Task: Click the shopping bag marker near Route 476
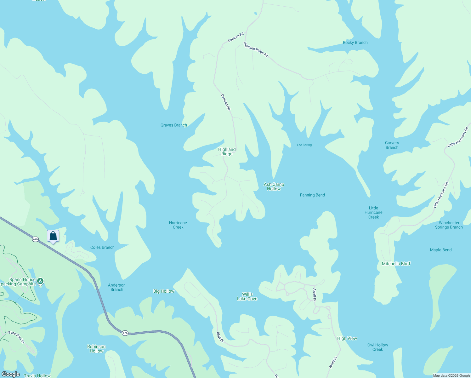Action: [x=53, y=236]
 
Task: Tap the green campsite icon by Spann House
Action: [x=40, y=281]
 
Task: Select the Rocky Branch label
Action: [x=355, y=43]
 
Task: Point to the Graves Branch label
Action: [x=174, y=125]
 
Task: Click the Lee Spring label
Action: [x=304, y=145]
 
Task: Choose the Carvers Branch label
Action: [x=392, y=145]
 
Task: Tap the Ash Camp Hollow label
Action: [x=274, y=186]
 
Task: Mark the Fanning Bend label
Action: [x=312, y=195]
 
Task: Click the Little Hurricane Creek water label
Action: [x=373, y=212]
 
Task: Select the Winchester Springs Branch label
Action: [x=449, y=225]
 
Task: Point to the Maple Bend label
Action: [x=441, y=250]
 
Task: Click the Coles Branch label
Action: [x=102, y=247]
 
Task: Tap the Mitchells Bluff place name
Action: [x=396, y=264]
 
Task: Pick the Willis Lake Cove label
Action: [x=247, y=296]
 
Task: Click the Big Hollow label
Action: [x=164, y=291]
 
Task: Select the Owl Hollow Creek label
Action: [x=377, y=347]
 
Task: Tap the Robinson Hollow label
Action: [x=96, y=349]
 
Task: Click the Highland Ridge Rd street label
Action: [x=256, y=50]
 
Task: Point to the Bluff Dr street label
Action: [x=220, y=337]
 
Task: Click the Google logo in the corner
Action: [x=11, y=374]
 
